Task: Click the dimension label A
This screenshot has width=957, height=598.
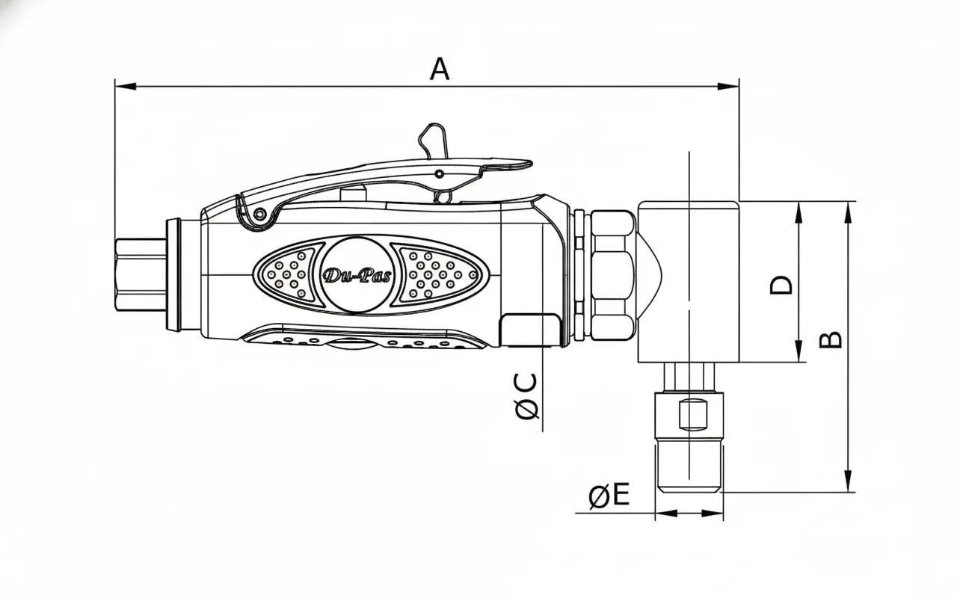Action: [x=440, y=69]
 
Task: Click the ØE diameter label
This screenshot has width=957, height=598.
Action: [x=609, y=496]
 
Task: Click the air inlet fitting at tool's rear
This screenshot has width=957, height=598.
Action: [x=141, y=274]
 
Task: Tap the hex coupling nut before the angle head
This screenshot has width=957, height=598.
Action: [x=612, y=274]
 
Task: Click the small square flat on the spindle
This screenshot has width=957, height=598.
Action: [x=692, y=413]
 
